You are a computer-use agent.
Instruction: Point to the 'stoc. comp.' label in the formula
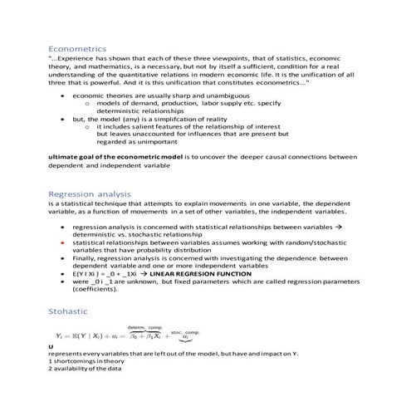[187, 331]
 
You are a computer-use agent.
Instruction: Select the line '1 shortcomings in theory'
[88, 361]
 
